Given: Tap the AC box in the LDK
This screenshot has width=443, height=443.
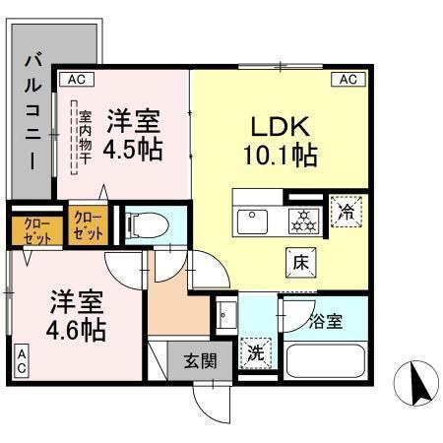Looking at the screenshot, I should point(348,80).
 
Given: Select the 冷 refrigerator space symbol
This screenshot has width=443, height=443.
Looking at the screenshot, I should point(346,211).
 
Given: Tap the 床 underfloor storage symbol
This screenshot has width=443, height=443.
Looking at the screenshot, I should point(302,262).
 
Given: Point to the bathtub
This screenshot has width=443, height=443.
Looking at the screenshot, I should point(324,356).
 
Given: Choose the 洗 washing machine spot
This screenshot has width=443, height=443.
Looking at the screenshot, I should point(253,350).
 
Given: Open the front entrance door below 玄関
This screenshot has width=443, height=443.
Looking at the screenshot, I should point(211,399).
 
